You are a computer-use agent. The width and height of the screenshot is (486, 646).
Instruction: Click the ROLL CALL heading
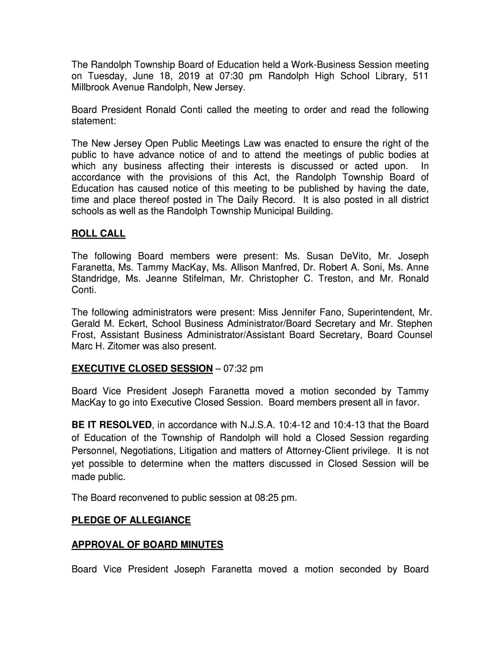[x=98, y=234]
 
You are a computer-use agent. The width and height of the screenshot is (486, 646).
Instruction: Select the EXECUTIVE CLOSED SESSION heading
[x=142, y=368]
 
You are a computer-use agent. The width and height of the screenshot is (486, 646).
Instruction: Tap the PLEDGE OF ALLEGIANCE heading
[x=131, y=520]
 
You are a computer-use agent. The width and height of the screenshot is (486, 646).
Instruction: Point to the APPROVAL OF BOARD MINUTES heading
[x=147, y=544]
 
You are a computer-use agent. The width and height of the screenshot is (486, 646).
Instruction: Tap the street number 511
[x=421, y=76]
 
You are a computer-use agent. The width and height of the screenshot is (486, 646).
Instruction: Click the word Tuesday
[x=107, y=76]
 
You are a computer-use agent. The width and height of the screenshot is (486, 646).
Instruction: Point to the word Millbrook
[x=93, y=88]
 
